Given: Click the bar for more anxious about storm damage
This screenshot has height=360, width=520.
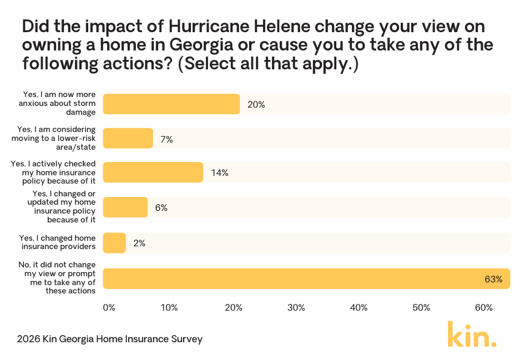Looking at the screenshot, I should pos(171,104).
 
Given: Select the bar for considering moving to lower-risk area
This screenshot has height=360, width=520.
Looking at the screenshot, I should pos(128,138).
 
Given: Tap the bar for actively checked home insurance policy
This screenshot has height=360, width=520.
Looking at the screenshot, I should pos(153,173).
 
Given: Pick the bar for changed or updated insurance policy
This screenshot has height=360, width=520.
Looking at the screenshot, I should pos(125,207).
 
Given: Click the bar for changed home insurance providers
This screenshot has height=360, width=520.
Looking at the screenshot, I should pos(115,242).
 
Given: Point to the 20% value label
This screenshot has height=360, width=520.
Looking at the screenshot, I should pos(256,104).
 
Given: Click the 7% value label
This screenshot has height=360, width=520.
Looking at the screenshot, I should pos(166,139).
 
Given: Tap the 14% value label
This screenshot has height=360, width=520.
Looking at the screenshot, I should pos(220,173).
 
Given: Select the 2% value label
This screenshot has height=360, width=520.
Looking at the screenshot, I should pos(139,243).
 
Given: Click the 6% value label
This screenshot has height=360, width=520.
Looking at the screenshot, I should pos(161,208).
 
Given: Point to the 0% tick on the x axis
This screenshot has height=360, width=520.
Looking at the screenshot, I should pos(109,308).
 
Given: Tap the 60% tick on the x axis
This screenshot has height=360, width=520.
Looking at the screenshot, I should pos(484,308).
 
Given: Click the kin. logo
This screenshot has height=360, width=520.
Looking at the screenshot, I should pos(472,334).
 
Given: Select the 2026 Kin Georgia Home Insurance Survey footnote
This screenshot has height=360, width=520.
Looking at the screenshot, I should pos(110,338).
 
